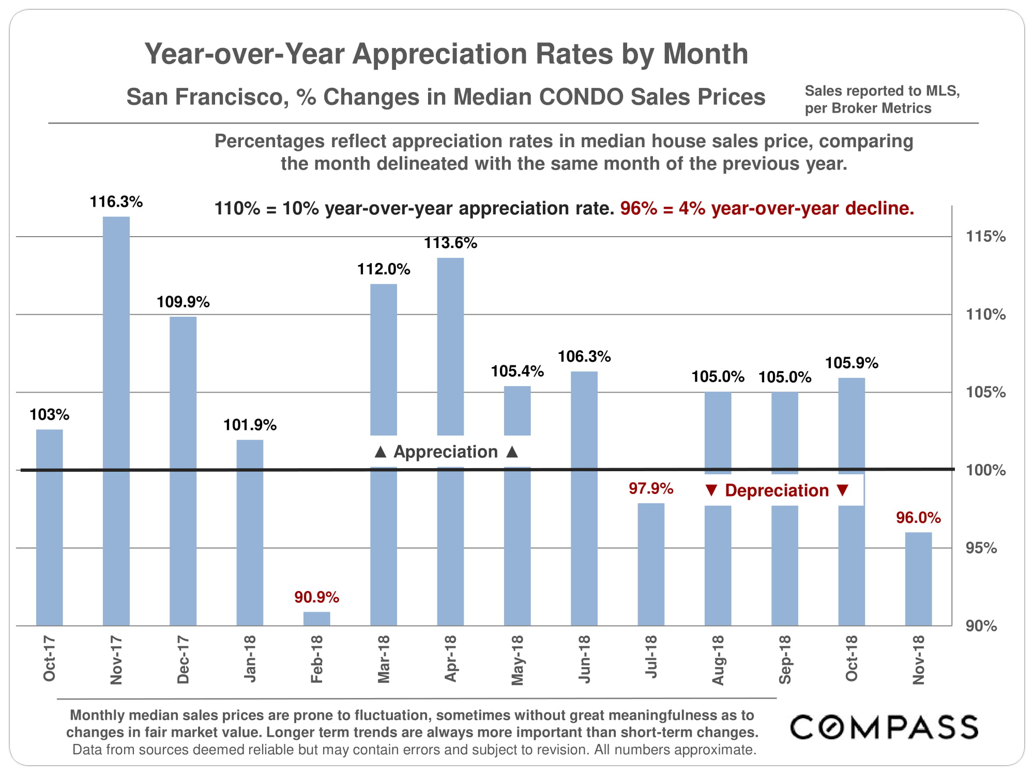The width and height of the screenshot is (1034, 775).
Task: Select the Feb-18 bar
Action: point(316,618)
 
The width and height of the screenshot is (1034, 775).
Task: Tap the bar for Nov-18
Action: point(918,579)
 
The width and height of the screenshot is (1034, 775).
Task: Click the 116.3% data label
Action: point(116,202)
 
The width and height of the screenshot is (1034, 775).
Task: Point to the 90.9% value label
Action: point(316,597)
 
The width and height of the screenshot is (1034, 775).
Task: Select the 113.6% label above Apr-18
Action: point(450,243)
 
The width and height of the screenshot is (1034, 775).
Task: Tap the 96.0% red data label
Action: point(918,517)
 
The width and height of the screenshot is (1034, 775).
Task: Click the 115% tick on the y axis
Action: point(985,237)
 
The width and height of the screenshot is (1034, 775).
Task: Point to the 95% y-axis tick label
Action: point(981,548)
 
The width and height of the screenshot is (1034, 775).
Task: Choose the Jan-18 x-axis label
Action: point(250,659)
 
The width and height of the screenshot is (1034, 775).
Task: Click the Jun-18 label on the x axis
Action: point(584,659)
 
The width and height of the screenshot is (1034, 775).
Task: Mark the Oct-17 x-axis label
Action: point(50,659)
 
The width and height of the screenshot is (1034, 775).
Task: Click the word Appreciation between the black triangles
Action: point(446,452)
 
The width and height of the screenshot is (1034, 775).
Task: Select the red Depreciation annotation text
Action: point(777,490)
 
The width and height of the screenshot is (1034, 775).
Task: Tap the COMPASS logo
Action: point(884,727)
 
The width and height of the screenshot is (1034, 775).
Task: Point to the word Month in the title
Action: point(705,54)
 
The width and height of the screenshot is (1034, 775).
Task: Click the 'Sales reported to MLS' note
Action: point(882,91)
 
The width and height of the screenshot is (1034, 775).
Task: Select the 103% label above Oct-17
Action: point(50,414)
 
